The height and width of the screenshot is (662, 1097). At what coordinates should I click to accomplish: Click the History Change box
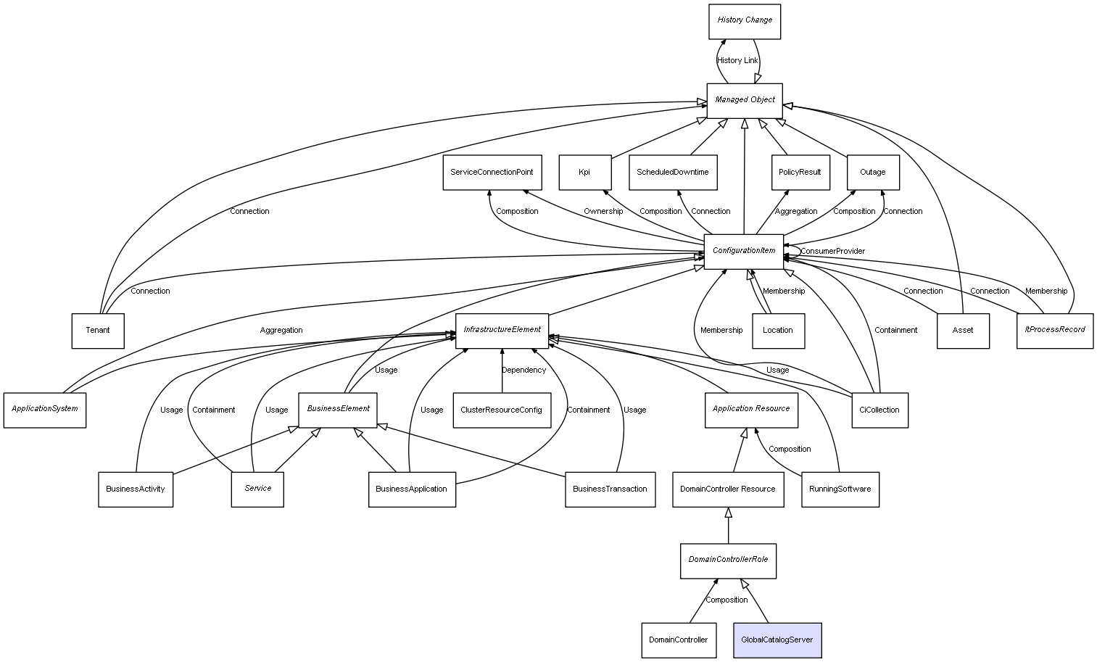click(745, 22)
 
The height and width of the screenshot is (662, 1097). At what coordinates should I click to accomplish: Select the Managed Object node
click(745, 101)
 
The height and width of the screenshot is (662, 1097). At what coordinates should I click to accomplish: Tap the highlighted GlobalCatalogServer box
click(777, 640)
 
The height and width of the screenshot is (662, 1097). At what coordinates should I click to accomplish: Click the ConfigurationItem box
click(743, 252)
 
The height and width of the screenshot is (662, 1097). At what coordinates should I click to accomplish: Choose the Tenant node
click(98, 331)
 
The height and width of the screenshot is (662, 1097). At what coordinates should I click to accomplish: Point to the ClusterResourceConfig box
click(502, 410)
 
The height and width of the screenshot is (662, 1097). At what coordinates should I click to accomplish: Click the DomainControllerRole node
click(728, 560)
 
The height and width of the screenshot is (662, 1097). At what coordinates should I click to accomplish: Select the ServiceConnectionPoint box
click(492, 173)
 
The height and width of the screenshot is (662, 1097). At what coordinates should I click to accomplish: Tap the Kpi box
click(585, 173)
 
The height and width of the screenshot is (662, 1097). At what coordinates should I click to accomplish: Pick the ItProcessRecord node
click(1055, 331)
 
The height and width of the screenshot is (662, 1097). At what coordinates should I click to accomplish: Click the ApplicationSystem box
click(45, 410)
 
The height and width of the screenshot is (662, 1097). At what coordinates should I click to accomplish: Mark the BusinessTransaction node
click(610, 489)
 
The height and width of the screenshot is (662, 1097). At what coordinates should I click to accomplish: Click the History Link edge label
click(737, 61)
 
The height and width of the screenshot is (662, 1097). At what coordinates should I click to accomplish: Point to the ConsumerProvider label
click(832, 251)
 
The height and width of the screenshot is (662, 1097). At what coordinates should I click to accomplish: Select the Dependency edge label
click(523, 371)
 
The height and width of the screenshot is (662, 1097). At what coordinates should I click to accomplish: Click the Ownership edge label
click(603, 212)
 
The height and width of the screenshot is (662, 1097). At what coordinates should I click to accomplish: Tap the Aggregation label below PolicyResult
click(796, 212)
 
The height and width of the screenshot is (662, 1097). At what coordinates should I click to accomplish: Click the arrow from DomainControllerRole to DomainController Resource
click(728, 526)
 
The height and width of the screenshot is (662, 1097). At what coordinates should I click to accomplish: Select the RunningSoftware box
click(840, 489)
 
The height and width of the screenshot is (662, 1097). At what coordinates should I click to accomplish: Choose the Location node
click(778, 331)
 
